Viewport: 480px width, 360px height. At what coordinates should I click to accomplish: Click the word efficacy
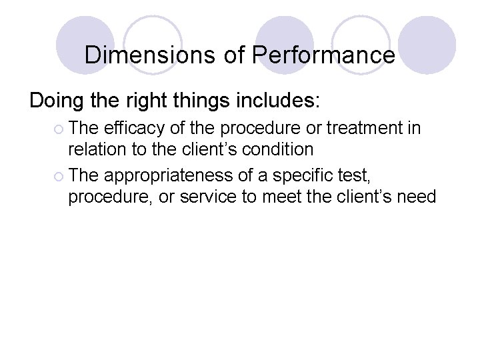tap(132, 127)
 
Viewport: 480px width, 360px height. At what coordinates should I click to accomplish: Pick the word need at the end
tap(419, 197)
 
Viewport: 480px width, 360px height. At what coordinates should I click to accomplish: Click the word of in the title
tap(234, 55)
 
